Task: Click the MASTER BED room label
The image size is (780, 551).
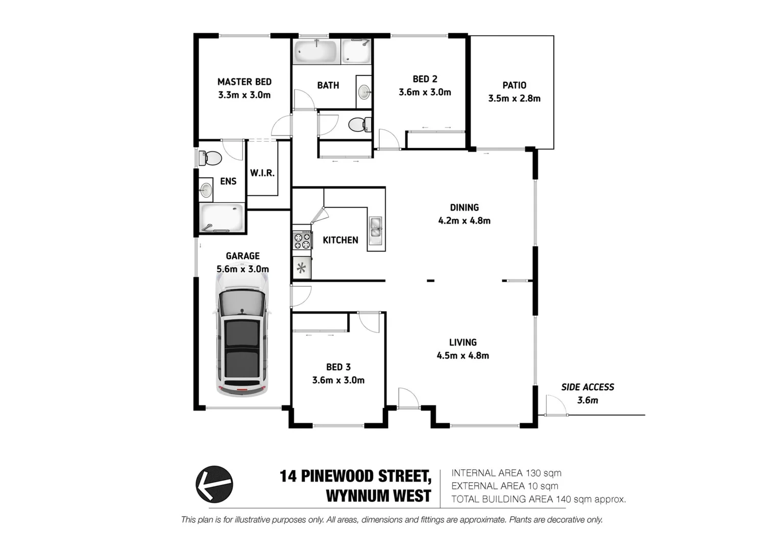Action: coord(244,82)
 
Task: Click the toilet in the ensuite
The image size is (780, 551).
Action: coord(209,158)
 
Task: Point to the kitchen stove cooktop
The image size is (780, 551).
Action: coord(302,241)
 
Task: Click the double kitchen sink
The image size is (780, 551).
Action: coord(375,228)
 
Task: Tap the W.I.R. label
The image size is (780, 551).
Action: coord(262,173)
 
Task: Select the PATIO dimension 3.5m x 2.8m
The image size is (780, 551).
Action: coord(514,98)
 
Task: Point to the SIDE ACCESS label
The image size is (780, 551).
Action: coord(588,387)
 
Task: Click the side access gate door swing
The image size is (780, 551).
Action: coord(555,405)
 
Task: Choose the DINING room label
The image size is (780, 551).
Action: coord(464,208)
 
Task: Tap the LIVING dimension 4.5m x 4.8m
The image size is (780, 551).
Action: coord(462,356)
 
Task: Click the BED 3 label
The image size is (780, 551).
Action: coord(338,367)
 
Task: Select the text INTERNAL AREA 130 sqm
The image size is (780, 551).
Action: coord(506,473)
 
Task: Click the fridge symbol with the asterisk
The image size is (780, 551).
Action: coord(301,268)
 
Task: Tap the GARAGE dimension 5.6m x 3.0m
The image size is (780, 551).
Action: coord(242,269)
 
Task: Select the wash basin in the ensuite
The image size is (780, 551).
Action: coord(206,190)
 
